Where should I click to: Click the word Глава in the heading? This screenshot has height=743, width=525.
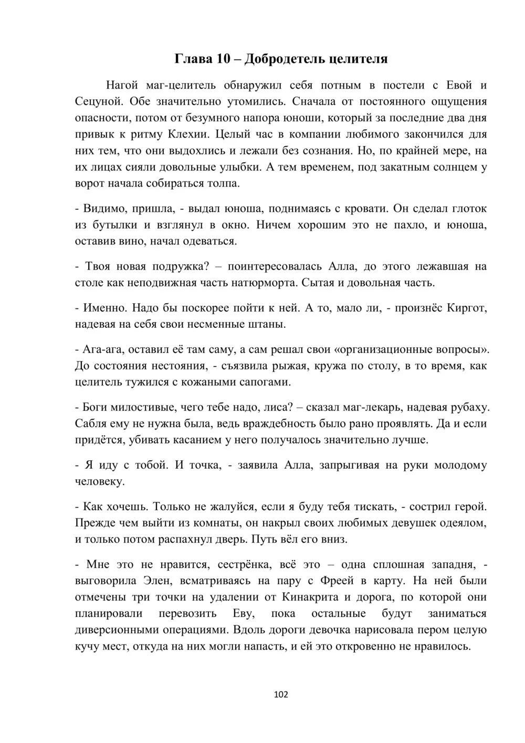click(x=192, y=58)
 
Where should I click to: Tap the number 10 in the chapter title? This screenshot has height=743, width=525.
click(x=222, y=58)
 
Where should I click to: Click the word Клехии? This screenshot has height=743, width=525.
click(x=188, y=134)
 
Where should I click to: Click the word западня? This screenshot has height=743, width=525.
click(x=451, y=564)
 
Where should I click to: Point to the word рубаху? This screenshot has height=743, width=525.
click(x=470, y=407)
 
